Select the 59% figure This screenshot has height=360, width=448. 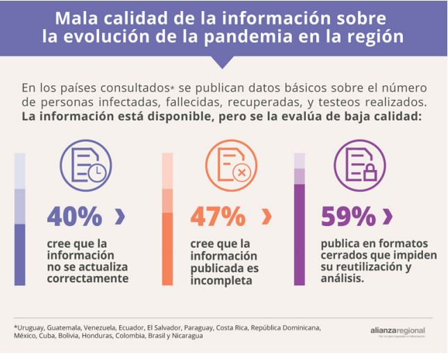pyautogui.click(x=350, y=216)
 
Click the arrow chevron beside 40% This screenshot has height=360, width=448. pyautogui.click(x=120, y=217)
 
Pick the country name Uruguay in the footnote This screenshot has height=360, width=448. pyautogui.click(x=31, y=327)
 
